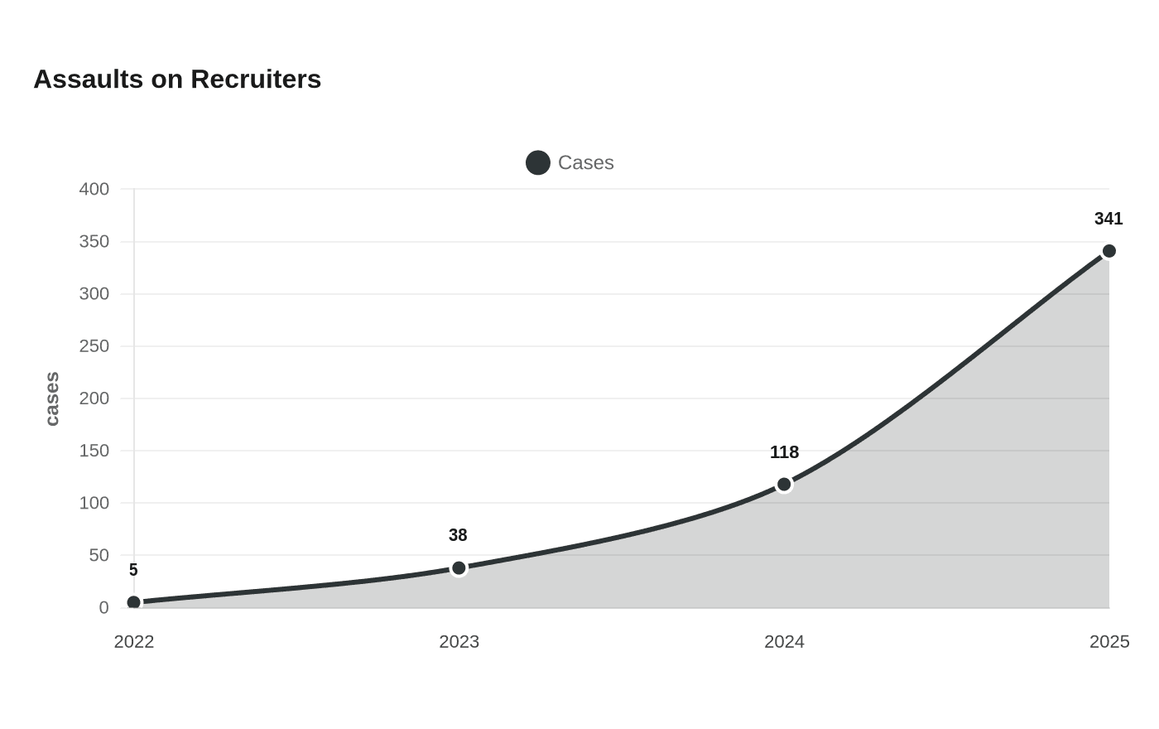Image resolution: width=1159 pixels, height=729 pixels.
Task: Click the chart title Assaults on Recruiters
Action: (177, 80)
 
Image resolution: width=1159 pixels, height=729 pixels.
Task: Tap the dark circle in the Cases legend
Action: (538, 162)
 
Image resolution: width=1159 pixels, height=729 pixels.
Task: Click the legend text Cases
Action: (586, 162)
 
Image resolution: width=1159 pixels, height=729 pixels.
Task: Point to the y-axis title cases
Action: (52, 398)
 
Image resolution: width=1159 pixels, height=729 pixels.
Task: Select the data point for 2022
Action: (134, 602)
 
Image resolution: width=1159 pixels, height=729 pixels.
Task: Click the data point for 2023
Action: (459, 568)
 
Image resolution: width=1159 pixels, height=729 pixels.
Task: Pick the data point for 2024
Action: (785, 484)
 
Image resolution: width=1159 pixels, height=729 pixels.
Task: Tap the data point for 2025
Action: (1109, 251)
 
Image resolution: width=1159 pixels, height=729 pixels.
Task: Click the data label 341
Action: (1109, 219)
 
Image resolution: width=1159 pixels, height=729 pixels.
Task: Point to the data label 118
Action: (785, 452)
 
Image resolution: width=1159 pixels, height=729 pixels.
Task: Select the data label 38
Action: (458, 535)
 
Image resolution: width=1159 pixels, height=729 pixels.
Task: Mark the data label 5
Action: (133, 570)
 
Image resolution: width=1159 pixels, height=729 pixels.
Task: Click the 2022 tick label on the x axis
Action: (134, 641)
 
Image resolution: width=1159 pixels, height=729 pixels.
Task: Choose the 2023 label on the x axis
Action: (459, 641)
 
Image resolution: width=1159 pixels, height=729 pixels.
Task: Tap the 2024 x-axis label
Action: (785, 641)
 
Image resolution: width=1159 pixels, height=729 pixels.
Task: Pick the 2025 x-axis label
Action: (1109, 641)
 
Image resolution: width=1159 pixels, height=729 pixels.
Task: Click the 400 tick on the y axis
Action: (94, 189)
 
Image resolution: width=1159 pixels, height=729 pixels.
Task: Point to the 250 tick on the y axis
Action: (94, 346)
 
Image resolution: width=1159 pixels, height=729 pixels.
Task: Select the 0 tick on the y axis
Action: (104, 607)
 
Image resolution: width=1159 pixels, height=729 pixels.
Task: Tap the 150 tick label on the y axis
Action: (94, 451)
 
